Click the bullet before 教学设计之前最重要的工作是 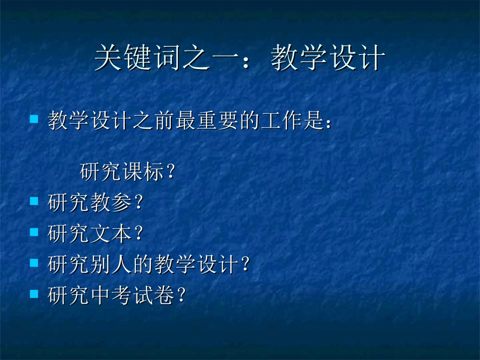[x=34, y=120]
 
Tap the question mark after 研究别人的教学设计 [x=246, y=265]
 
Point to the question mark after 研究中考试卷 [x=182, y=295]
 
